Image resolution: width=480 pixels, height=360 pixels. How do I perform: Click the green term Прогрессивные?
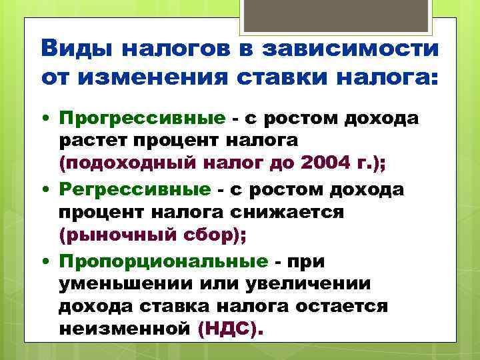pos(142,119)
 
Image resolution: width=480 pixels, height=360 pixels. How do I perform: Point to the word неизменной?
pos(125,329)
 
